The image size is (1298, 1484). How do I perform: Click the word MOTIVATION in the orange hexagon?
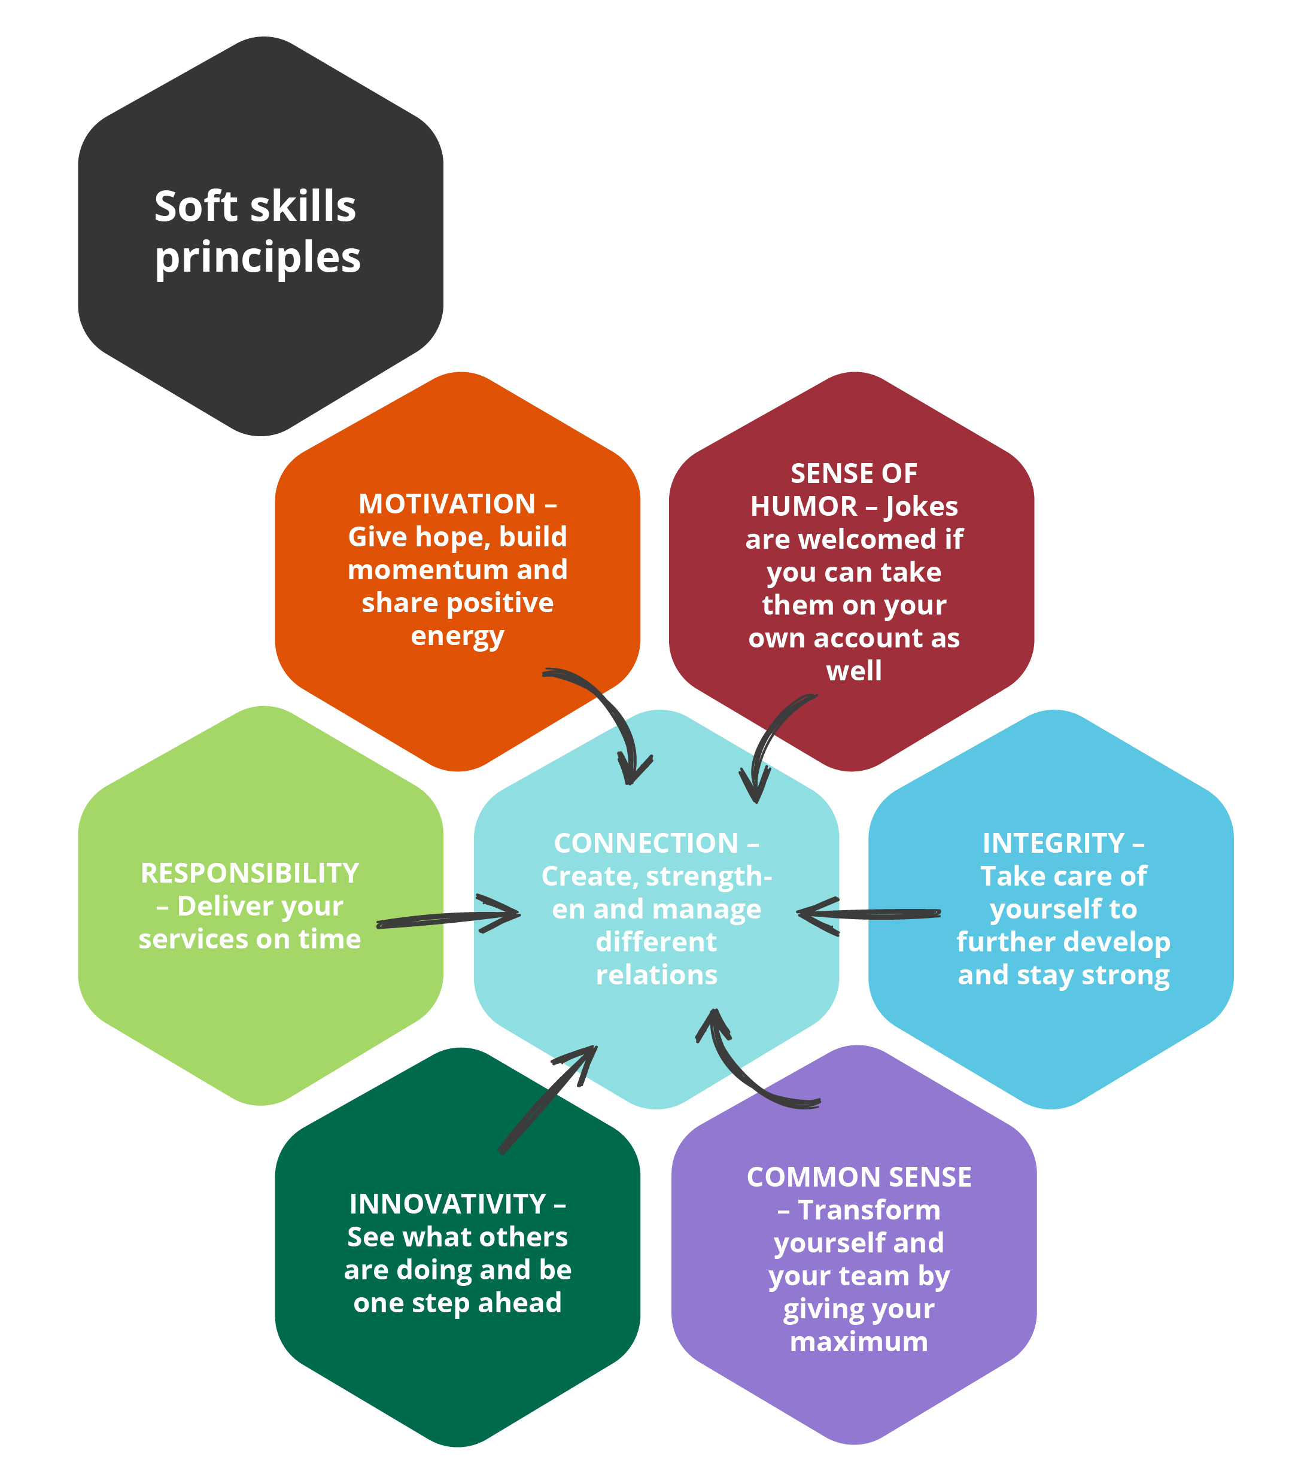(x=447, y=504)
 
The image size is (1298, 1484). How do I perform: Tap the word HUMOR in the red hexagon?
(x=803, y=506)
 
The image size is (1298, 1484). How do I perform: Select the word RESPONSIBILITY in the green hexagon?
(x=250, y=874)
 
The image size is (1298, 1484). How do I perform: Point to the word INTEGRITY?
(x=1053, y=843)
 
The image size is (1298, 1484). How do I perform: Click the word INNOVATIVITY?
(x=448, y=1204)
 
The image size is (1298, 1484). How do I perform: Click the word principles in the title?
(x=257, y=259)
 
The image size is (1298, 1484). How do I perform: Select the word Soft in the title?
(x=196, y=206)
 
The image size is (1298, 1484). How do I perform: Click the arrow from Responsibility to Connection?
(x=449, y=919)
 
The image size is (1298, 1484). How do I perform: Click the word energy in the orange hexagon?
(x=457, y=636)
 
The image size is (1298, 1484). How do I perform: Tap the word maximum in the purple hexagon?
(x=858, y=1342)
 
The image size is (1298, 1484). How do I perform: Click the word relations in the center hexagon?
(x=656, y=975)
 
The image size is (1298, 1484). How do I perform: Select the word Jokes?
(x=922, y=506)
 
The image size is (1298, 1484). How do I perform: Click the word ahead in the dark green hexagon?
(x=519, y=1302)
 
